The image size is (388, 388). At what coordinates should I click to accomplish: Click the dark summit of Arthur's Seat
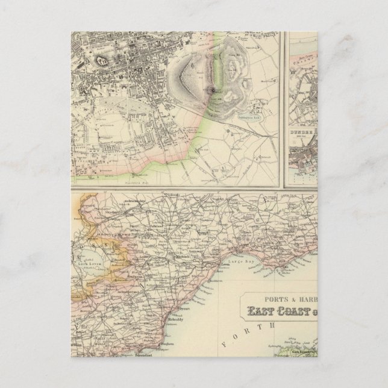click(213, 90)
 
